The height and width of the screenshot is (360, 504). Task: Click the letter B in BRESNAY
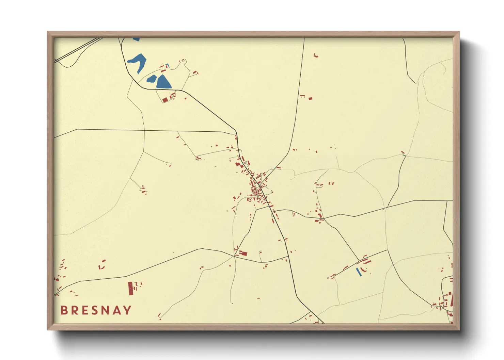tap(64, 310)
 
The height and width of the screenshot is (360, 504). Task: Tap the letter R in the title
tap(75, 310)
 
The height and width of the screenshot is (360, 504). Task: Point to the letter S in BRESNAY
tap(95, 310)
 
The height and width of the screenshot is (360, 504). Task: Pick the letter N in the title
tap(106, 310)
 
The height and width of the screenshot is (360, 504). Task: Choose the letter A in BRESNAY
tap(117, 310)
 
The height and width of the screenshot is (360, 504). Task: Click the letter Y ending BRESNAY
tap(127, 310)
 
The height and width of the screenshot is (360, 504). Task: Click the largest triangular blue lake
tap(163, 82)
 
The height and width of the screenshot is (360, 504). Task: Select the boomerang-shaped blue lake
tap(138, 62)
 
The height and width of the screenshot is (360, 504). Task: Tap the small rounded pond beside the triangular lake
tap(151, 79)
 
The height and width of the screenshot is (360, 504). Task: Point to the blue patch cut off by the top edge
tap(136, 39)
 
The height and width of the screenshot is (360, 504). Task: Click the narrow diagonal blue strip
tap(359, 272)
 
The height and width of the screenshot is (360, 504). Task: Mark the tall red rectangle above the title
tap(131, 288)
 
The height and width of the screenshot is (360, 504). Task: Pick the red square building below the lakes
tap(165, 100)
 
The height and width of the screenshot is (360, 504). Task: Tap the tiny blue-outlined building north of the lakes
tap(167, 65)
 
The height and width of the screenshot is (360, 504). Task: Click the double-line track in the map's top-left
tap(78, 50)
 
